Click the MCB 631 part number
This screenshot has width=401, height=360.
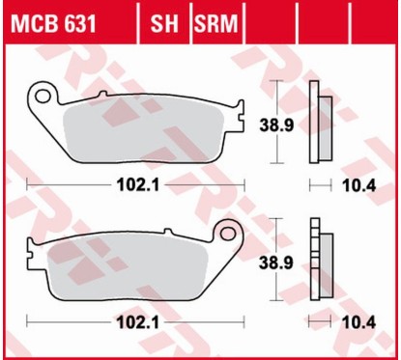coord(54,21)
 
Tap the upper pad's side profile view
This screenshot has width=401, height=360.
coord(317,124)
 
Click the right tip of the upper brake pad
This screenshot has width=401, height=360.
coord(243,114)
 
